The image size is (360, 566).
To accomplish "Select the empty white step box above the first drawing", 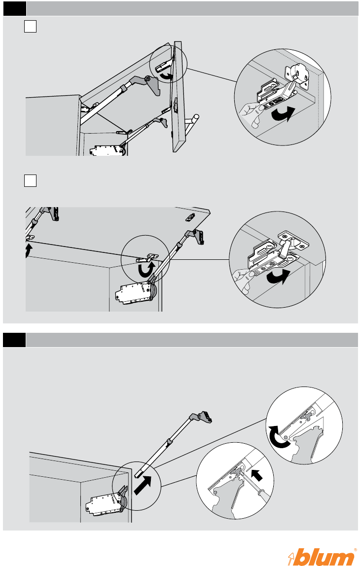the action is coord(30,27).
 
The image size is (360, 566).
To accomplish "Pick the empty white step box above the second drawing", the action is coord(30,180).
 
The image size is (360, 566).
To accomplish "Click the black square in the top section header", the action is coord(13,8).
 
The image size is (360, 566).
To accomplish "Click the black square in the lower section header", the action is coord(13,340).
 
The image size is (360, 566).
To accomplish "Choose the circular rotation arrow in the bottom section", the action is coord(277,436).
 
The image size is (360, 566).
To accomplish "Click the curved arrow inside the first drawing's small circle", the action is coord(169,75).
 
